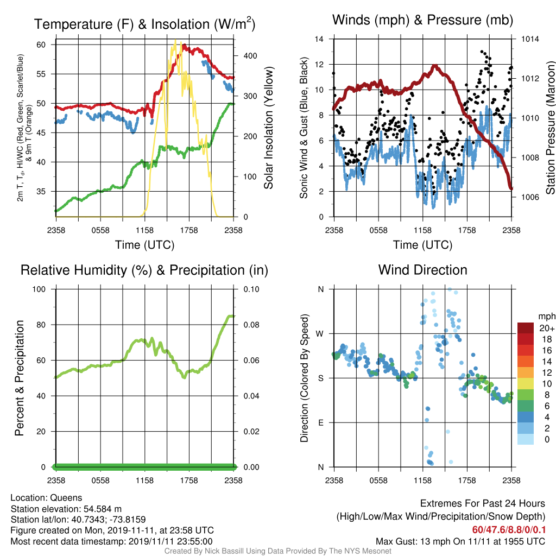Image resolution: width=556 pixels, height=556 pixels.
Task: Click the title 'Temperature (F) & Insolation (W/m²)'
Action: point(144,24)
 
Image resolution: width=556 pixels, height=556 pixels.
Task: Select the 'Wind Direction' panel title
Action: point(422,270)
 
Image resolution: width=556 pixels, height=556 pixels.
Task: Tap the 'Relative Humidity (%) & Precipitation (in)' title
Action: point(144,270)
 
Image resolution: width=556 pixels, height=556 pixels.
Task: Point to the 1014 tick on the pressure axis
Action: point(530,39)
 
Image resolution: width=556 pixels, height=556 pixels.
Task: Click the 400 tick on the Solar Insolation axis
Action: point(250,56)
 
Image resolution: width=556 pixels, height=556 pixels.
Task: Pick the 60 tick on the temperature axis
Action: point(41,45)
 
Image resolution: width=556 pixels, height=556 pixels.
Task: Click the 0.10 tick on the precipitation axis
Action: point(251,289)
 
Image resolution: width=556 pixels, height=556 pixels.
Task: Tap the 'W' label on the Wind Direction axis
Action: point(320,334)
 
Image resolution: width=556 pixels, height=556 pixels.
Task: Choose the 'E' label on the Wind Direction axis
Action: point(321,422)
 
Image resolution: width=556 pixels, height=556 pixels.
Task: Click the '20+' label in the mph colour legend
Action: point(547,328)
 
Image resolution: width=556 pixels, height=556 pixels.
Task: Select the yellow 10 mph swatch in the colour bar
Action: point(526,384)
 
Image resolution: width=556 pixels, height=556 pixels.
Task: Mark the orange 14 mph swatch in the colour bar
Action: point(526,361)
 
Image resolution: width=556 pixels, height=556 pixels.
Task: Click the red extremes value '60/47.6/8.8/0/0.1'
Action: point(509,530)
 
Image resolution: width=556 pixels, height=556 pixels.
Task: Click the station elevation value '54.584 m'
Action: point(103,509)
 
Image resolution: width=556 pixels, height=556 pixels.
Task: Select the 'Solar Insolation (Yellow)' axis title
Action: point(268,128)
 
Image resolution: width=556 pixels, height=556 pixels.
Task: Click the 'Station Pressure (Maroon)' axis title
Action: point(550,128)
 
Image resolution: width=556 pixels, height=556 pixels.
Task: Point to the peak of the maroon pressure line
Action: point(435,66)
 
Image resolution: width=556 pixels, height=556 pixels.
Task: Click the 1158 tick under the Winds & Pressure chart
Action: point(422,230)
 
